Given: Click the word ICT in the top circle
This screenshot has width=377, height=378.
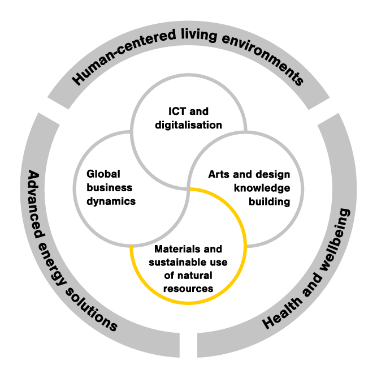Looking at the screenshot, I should point(175,111).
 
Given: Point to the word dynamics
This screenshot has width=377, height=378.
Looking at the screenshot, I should point(111,201).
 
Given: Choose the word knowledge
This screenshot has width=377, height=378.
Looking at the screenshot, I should point(265,187).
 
